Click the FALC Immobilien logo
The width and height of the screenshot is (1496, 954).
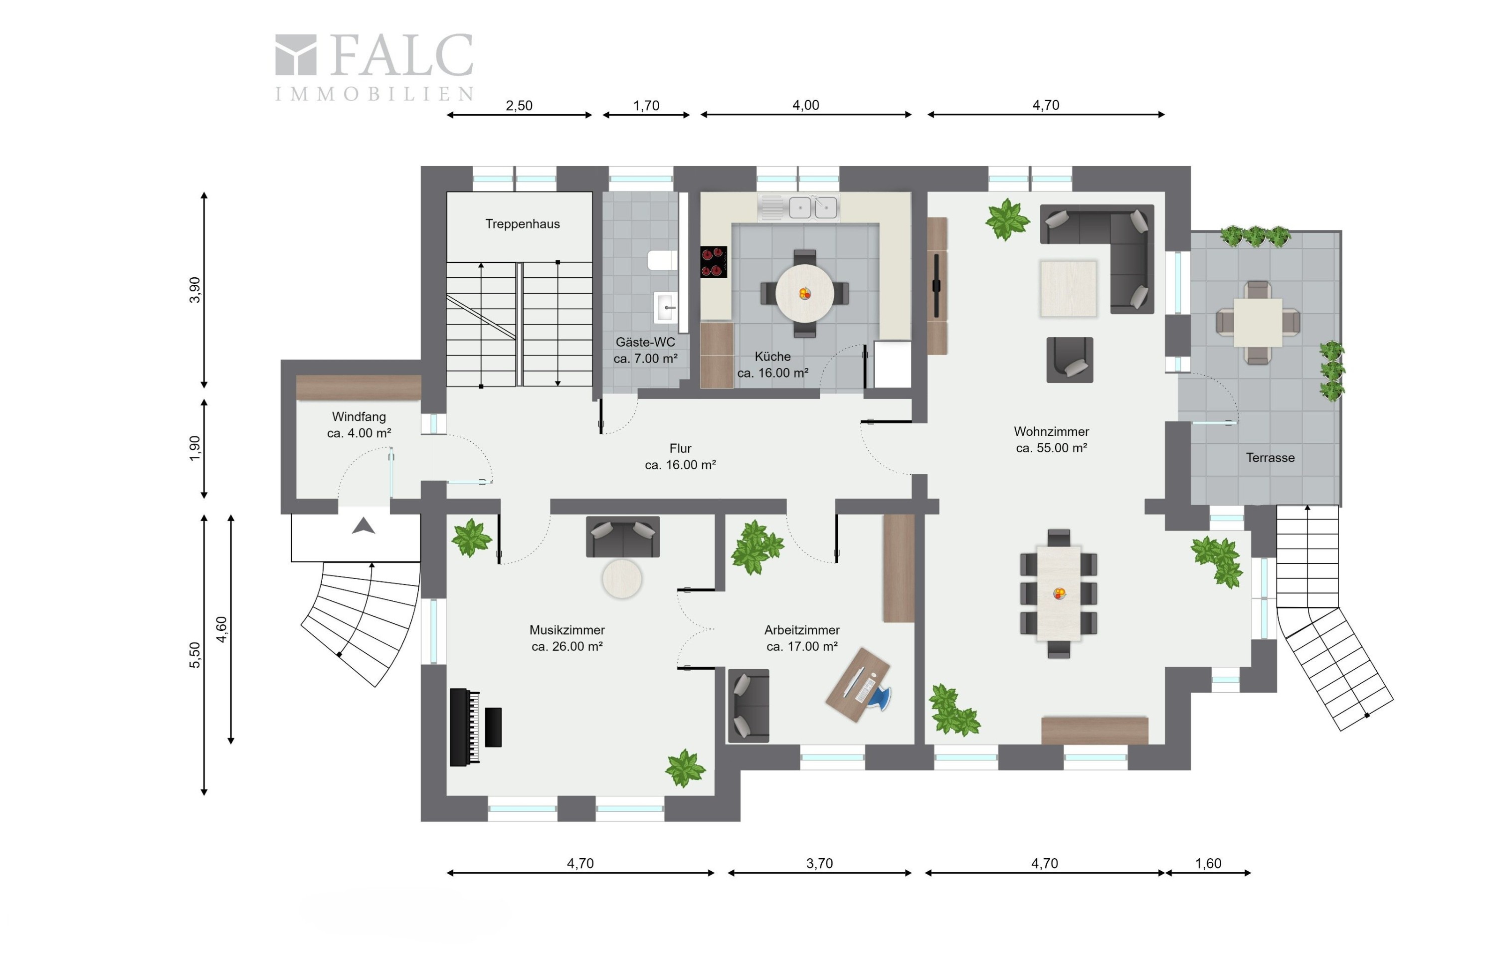(x=374, y=67)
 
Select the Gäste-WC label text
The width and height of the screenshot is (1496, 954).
(x=645, y=342)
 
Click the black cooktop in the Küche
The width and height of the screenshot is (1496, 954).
(x=713, y=261)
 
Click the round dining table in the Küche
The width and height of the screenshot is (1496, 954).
(x=804, y=293)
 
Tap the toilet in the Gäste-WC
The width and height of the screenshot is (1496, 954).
(x=662, y=260)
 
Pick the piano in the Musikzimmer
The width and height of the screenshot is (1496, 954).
(x=465, y=727)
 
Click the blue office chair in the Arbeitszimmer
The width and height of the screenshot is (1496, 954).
(x=879, y=696)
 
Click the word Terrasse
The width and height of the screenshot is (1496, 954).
(x=1270, y=458)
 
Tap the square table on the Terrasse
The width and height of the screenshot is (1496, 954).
(x=1258, y=322)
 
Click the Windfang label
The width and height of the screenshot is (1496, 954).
(x=359, y=417)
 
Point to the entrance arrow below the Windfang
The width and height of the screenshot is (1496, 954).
(x=364, y=526)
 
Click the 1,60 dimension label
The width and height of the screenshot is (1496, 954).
(x=1208, y=863)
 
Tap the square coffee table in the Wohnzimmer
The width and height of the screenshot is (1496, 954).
(x=1069, y=288)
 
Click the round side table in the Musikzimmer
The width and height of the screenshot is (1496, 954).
(x=622, y=578)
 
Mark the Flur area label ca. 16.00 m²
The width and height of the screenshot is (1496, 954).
(x=680, y=465)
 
